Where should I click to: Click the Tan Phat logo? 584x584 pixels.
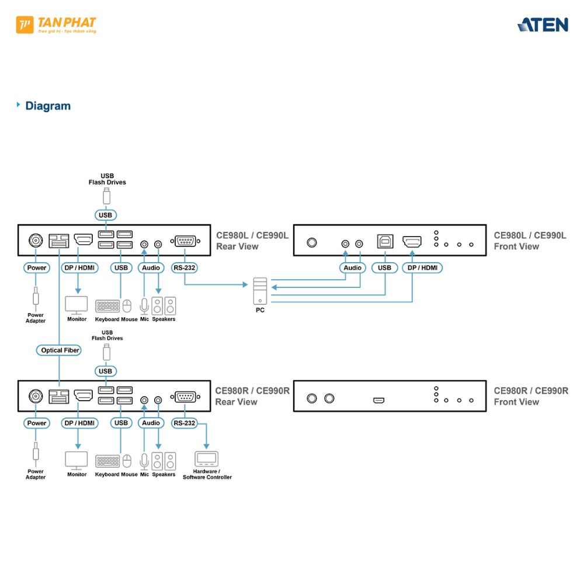pyautogui.click(x=56, y=25)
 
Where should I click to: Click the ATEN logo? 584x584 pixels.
pyautogui.click(x=543, y=25)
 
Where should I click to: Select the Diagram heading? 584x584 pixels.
pyautogui.click(x=47, y=106)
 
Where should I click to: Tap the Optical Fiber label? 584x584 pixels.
pyautogui.click(x=60, y=350)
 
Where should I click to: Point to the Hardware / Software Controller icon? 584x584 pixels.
pyautogui.click(x=206, y=458)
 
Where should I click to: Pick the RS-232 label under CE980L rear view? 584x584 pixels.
pyautogui.click(x=185, y=268)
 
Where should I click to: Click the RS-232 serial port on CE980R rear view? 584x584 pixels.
pyautogui.click(x=185, y=397)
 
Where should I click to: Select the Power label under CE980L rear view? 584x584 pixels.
pyautogui.click(x=37, y=268)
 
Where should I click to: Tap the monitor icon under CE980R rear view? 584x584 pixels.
pyautogui.click(x=77, y=460)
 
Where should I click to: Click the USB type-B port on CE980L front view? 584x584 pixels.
pyautogui.click(x=385, y=241)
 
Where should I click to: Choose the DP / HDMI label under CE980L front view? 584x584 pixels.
pyautogui.click(x=422, y=268)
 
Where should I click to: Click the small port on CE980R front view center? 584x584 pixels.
pyautogui.click(x=379, y=401)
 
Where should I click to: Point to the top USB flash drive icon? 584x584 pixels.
pyautogui.click(x=106, y=195)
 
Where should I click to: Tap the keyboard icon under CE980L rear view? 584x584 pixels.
pyautogui.click(x=107, y=306)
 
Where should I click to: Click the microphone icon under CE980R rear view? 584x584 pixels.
pyautogui.click(x=144, y=460)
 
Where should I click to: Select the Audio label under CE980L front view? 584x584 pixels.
pyautogui.click(x=353, y=268)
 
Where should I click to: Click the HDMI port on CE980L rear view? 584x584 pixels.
pyautogui.click(x=84, y=240)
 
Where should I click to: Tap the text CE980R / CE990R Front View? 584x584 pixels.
pyautogui.click(x=530, y=396)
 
